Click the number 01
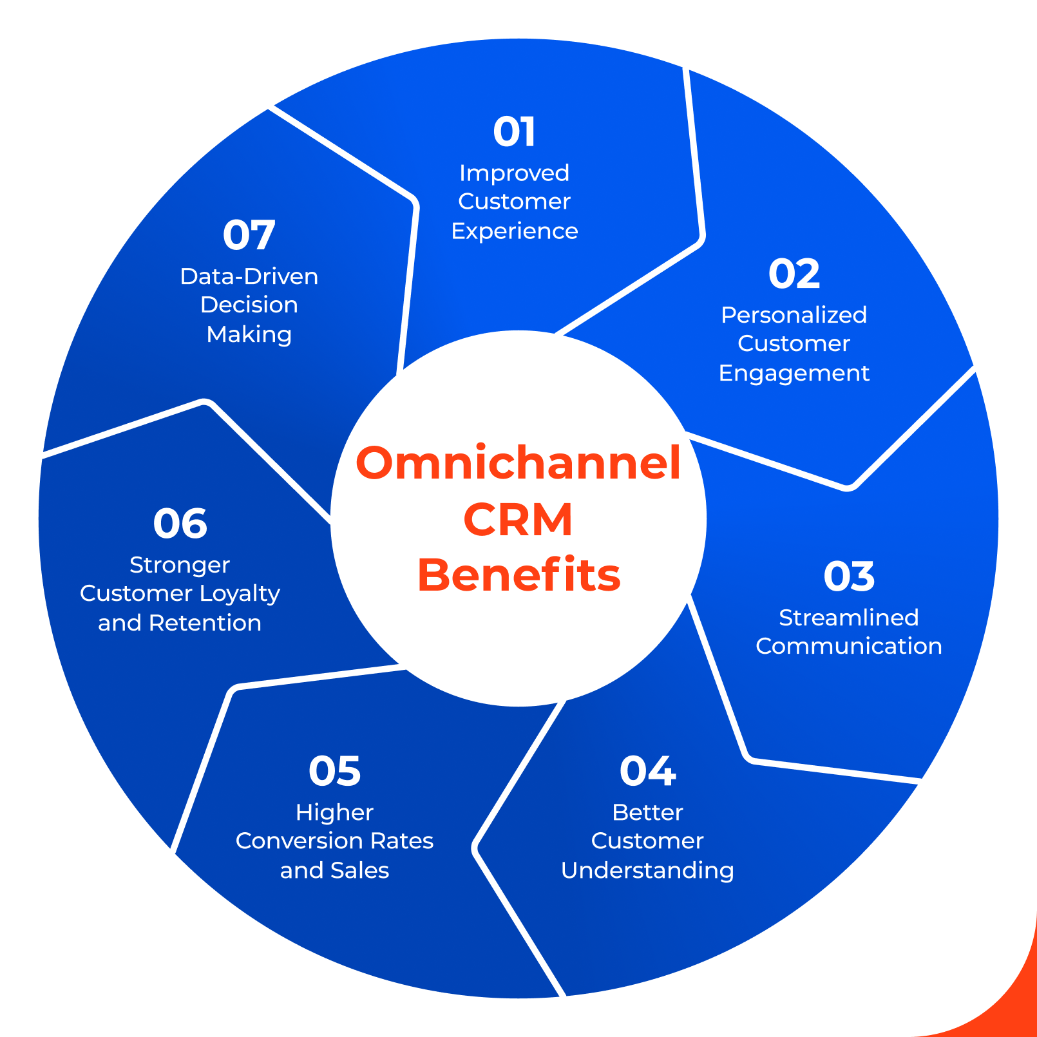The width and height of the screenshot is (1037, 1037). click(x=514, y=132)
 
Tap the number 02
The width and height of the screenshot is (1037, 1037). click(x=794, y=274)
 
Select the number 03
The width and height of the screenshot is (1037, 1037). click(x=849, y=576)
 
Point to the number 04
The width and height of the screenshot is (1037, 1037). click(x=647, y=771)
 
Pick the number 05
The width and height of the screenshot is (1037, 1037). click(x=334, y=771)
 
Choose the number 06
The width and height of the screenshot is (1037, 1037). click(x=180, y=524)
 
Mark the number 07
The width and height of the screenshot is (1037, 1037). click(x=249, y=235)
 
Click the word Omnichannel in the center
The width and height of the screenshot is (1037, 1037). click(x=518, y=463)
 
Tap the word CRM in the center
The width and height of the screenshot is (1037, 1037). click(x=518, y=519)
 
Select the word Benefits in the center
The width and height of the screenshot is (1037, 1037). click(x=518, y=575)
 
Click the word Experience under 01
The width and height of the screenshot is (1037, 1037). click(x=514, y=231)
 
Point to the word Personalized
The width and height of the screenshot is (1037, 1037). click(x=794, y=316)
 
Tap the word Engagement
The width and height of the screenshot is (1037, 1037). click(x=794, y=374)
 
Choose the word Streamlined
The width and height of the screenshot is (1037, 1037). click(x=848, y=618)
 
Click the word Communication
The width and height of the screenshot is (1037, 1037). click(x=848, y=646)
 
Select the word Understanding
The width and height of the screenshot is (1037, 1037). click(x=647, y=871)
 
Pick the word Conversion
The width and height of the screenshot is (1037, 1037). click(x=289, y=841)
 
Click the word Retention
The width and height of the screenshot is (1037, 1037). click(x=205, y=623)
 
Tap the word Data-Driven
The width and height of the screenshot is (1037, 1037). click(x=249, y=277)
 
